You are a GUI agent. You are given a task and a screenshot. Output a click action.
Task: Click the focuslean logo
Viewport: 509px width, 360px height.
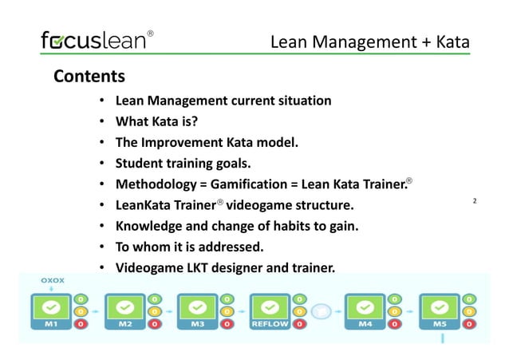[94, 41]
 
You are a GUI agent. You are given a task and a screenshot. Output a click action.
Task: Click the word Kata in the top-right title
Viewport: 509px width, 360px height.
[452, 42]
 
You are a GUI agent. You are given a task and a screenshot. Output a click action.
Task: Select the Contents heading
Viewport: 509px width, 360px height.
[89, 77]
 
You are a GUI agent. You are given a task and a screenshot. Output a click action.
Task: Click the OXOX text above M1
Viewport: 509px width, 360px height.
[52, 281]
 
